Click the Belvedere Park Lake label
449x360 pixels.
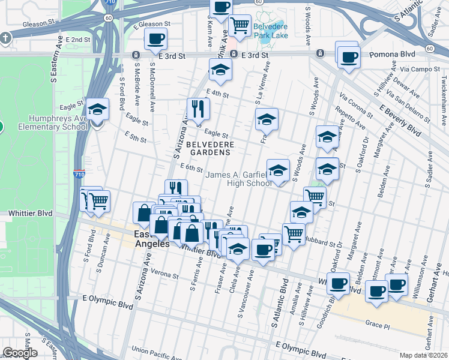tap(270, 31)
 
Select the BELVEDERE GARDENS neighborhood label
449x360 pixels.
tap(208, 148)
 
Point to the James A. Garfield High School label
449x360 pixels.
tap(239, 179)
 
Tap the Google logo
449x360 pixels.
tap(20, 353)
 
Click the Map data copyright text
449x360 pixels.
tap(423, 355)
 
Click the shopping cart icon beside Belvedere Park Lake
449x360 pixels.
tap(240, 25)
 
